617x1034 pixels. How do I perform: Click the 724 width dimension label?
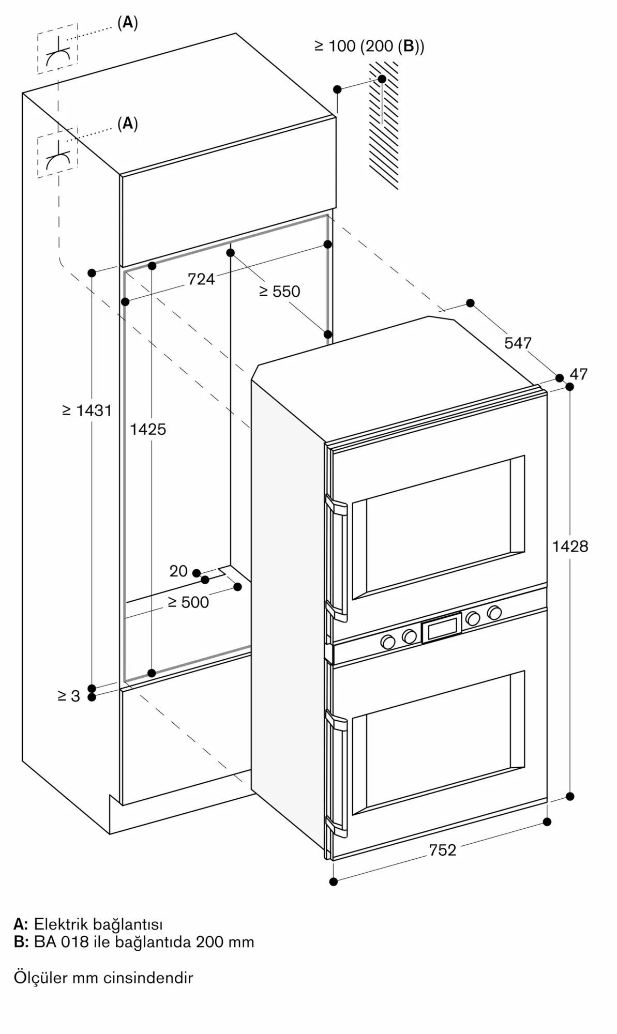point(201,279)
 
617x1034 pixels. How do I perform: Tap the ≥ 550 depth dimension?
point(279,292)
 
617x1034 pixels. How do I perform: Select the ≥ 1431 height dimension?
point(86,410)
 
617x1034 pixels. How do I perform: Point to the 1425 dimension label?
point(148,429)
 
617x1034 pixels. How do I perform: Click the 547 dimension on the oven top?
point(518,343)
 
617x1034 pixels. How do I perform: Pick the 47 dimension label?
point(579,374)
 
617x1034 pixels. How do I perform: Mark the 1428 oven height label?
point(570,546)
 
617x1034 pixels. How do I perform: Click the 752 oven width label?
point(443,850)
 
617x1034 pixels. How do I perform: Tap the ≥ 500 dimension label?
point(188,602)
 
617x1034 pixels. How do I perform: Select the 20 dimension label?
point(178,571)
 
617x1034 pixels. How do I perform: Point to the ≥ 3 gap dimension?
point(69,696)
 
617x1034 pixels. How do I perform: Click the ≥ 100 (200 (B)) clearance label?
point(369,47)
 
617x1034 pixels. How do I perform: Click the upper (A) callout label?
point(128,23)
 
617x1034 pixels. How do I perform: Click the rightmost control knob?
point(494,613)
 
